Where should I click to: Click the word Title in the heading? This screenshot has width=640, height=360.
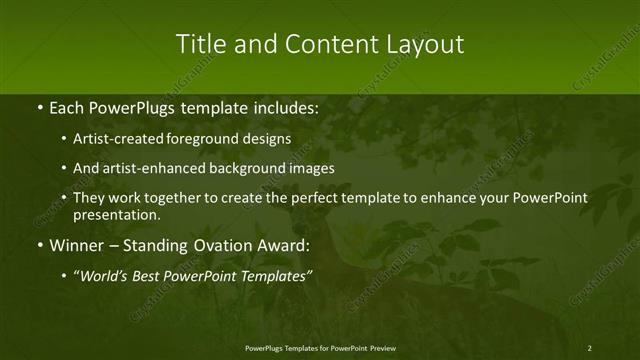tap(198, 44)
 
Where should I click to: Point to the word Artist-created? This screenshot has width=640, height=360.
tap(112, 139)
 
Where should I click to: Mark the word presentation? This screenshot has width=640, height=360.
tap(116, 214)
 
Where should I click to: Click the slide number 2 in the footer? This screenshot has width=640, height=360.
tap(589, 347)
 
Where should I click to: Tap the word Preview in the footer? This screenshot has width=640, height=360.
tap(380, 347)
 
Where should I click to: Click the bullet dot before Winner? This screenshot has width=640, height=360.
tap(38, 245)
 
